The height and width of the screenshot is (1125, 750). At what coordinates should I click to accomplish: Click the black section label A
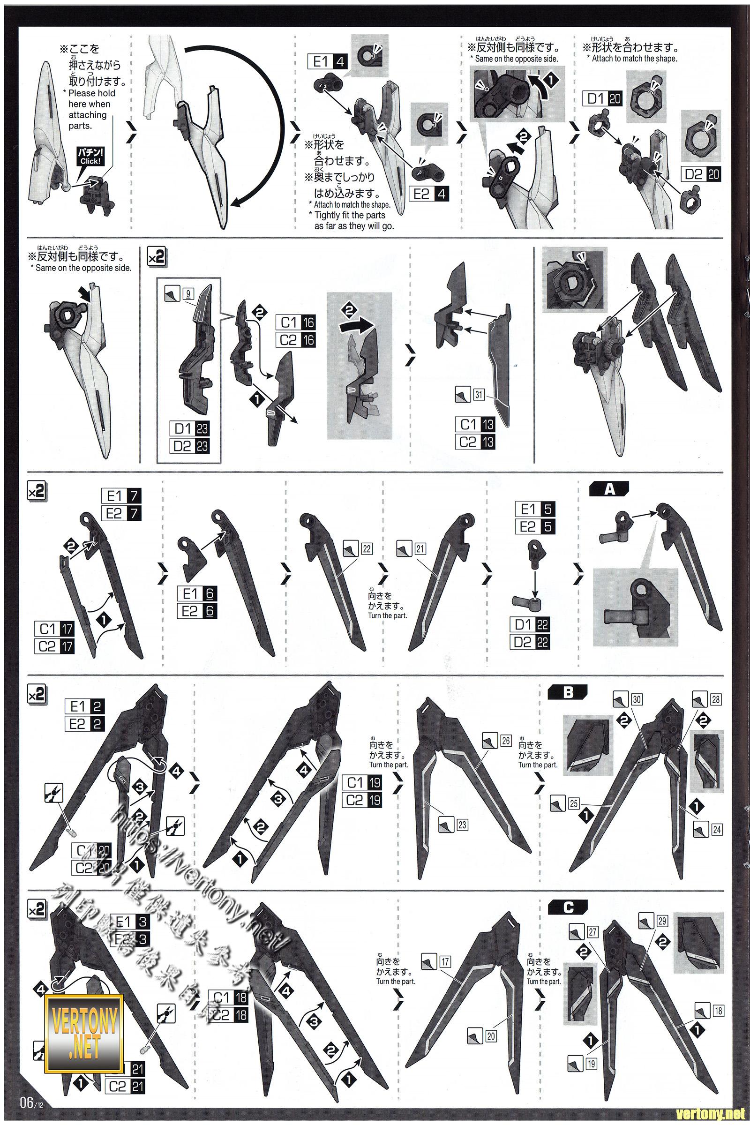tap(609, 489)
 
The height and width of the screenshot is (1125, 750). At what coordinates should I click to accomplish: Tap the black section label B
tap(568, 692)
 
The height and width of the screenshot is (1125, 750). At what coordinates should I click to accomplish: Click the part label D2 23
tap(190, 446)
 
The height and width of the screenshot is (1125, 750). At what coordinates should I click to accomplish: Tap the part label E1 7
tap(121, 495)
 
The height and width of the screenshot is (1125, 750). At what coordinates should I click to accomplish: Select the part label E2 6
tap(196, 611)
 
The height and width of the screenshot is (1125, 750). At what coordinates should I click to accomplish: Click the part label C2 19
tap(361, 800)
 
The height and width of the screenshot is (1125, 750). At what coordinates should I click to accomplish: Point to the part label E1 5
tap(535, 509)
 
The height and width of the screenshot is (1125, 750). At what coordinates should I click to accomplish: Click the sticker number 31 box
tap(479, 395)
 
